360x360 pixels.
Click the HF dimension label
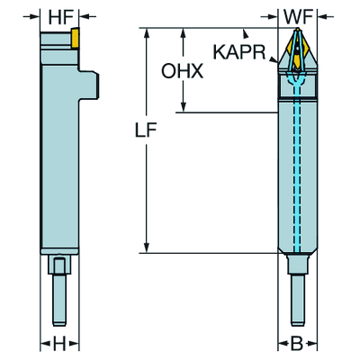click(60, 18)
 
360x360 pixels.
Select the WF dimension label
click(298, 18)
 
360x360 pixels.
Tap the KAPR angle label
click(239, 52)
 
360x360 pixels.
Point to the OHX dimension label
click(183, 71)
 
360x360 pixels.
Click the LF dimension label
click(146, 130)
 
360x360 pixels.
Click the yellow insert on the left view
click(75, 38)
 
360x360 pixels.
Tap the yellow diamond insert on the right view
click(297, 49)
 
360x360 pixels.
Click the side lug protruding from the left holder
click(89, 85)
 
